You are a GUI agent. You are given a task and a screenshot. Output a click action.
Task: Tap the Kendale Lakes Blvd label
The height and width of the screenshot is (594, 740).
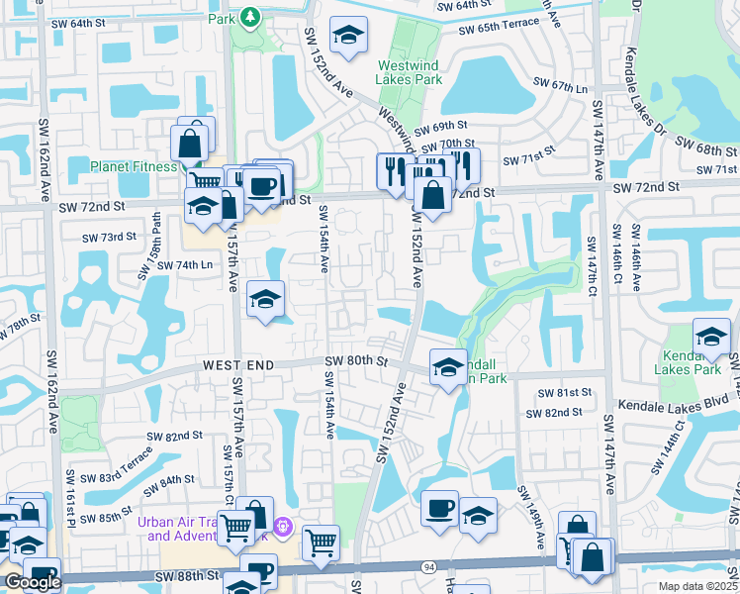667,405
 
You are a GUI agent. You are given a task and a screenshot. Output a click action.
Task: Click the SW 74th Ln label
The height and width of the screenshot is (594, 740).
185,265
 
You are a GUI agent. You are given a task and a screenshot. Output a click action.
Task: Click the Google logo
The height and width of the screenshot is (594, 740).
33,582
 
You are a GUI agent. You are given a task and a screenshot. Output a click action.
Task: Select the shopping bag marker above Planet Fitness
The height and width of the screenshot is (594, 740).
191,141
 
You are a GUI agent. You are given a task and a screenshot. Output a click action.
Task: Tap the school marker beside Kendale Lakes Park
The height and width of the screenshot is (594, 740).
710,338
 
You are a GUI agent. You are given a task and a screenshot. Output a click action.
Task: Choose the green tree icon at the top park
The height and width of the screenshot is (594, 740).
251,16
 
